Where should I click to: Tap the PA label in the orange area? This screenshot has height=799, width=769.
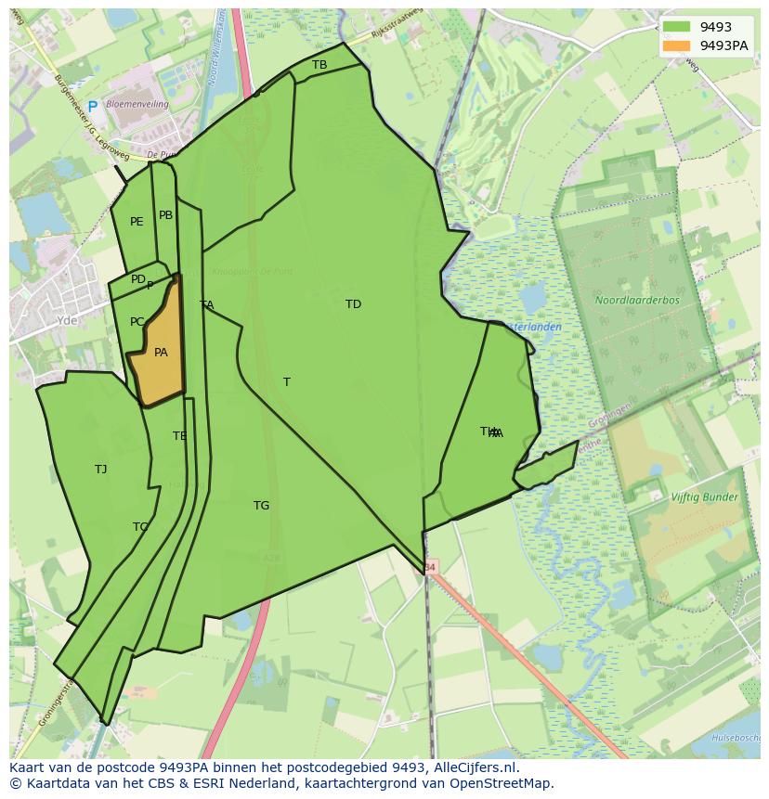point(161,353)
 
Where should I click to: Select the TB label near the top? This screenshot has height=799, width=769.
point(319,65)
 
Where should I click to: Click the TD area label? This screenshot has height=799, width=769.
point(353,304)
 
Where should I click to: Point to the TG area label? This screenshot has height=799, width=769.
point(261,506)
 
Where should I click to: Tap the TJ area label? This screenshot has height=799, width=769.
point(100,470)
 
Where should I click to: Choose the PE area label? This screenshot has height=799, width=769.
point(137,222)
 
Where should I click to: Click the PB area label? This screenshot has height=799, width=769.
point(165,215)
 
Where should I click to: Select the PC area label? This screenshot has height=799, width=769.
point(137,322)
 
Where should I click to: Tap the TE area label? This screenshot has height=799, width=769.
point(179,436)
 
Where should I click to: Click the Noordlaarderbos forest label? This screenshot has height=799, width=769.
point(637,301)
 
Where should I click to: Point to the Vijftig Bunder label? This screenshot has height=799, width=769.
point(704,497)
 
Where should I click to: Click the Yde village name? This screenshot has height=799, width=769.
point(67,320)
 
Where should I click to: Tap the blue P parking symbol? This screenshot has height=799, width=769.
point(92,108)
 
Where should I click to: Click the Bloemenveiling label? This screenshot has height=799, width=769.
point(137,105)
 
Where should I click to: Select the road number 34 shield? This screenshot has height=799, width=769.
point(429,566)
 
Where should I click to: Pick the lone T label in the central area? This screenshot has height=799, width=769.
point(287,382)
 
